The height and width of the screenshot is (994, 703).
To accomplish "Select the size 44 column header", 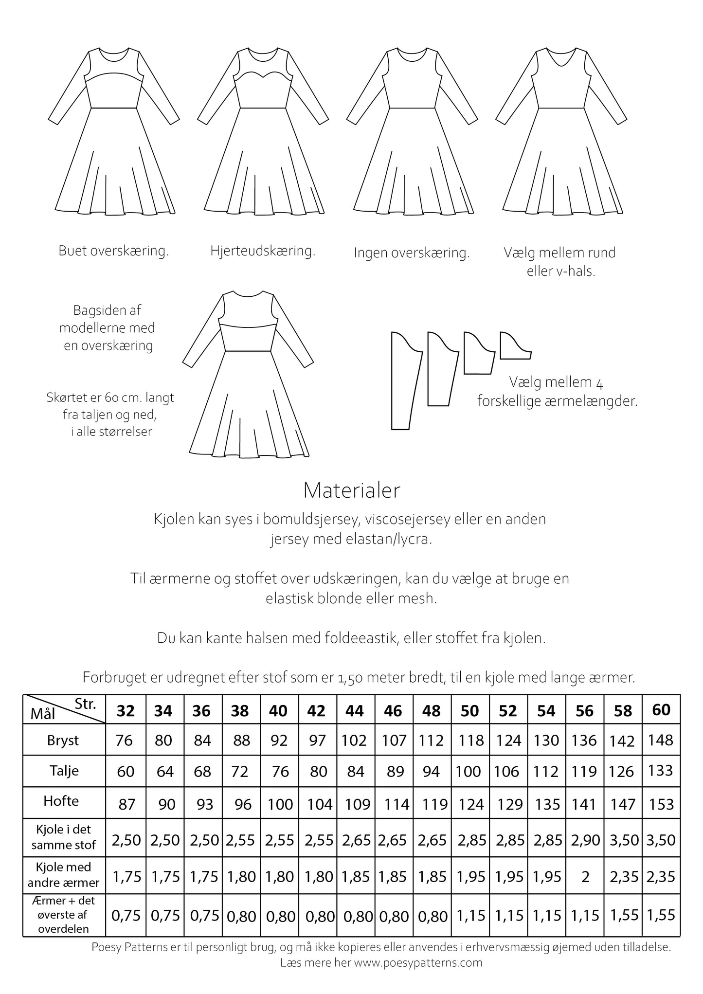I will coord(354,711).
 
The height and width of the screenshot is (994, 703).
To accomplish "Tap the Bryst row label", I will coord(63,740).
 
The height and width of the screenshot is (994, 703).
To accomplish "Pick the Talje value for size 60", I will coord(661,770).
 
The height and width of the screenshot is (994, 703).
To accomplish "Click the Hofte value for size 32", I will coord(126,804).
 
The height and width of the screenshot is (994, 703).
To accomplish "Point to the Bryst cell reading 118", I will coord(469,740).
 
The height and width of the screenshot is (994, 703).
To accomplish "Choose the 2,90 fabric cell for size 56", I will coord(584,840).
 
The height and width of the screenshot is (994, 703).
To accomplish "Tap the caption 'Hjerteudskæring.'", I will coord(263,251).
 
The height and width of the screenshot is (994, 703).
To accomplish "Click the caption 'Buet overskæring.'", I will coord(113,251).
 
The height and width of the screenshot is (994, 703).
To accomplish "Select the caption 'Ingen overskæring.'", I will coord(411,253).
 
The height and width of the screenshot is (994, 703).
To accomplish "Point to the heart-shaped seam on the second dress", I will coord(263,75).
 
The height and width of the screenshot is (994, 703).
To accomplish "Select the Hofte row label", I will coord(61,801).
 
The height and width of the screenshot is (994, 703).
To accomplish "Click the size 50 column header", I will coord(469,711).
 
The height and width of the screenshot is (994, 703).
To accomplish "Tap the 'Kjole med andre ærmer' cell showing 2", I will coord(585,876).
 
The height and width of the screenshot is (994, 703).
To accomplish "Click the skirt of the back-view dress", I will coord(248,409).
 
